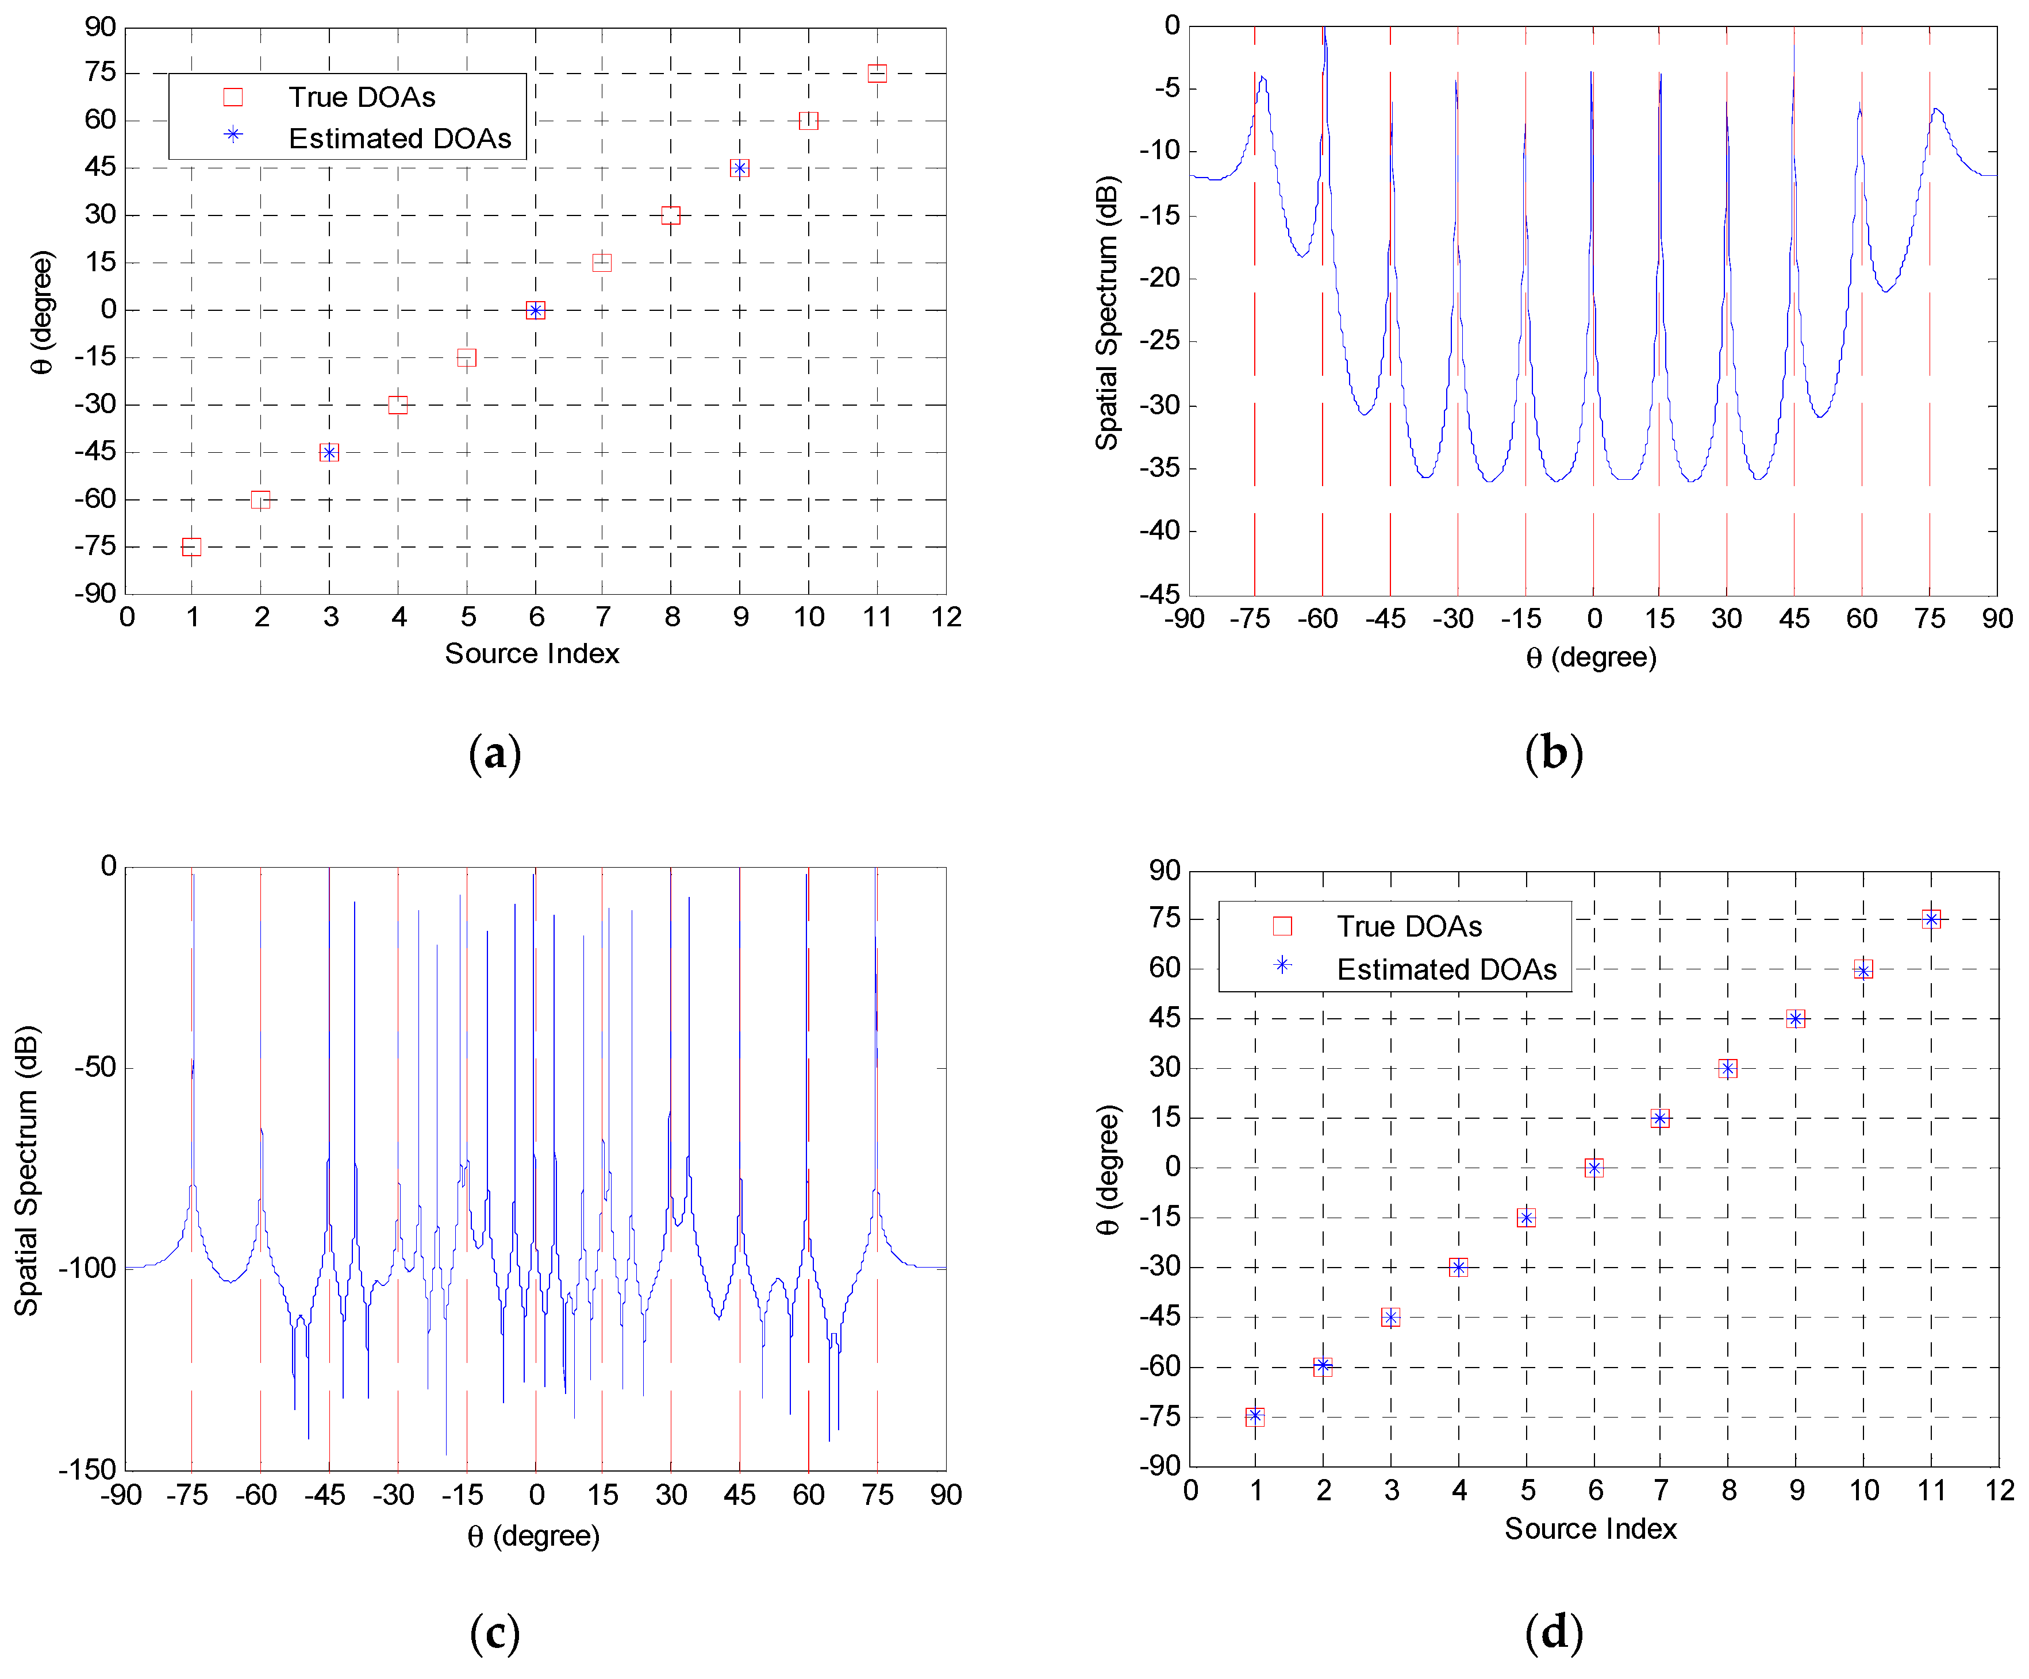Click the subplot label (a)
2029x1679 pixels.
tap(495, 753)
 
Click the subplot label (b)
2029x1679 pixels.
tap(1554, 753)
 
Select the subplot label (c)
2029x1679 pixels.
tap(495, 1632)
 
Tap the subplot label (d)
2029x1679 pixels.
tap(1554, 1632)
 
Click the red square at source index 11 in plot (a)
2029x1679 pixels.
tap(877, 74)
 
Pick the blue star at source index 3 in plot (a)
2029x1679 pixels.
tap(329, 452)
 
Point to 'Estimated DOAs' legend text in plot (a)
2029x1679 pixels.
tap(400, 138)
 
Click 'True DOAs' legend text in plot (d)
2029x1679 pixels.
tap(1409, 926)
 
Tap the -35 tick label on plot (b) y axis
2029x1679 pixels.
tap(1159, 468)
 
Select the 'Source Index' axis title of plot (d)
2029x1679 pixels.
tap(1590, 1528)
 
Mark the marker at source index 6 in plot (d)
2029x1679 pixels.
tap(1594, 1168)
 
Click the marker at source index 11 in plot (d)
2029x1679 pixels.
tap(1931, 919)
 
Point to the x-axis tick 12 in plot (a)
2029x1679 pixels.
tap(946, 617)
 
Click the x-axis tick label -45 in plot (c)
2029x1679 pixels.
tap(325, 1496)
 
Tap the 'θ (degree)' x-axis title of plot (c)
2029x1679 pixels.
tap(533, 1536)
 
